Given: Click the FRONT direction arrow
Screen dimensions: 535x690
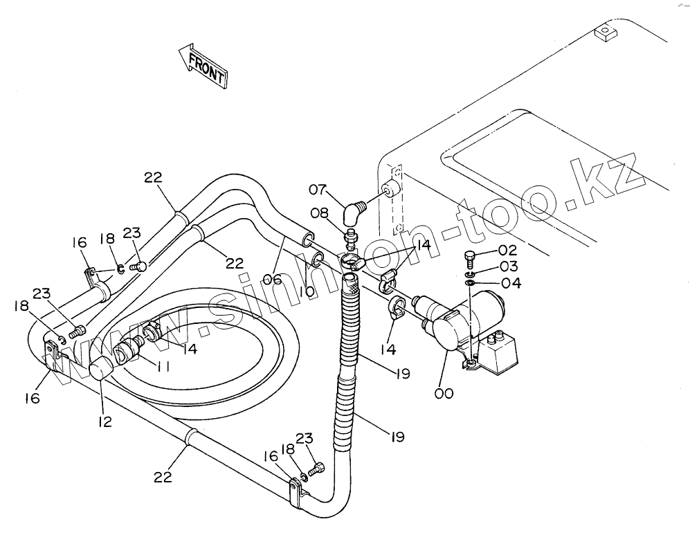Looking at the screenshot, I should click(x=203, y=66).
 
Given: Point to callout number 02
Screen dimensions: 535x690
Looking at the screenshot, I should click(x=508, y=251).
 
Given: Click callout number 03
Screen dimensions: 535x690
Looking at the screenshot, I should click(x=508, y=267).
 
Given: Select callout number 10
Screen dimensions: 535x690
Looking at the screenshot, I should click(x=307, y=293).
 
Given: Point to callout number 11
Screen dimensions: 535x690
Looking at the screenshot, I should click(x=163, y=368).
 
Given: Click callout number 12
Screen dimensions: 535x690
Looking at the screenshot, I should click(x=105, y=421).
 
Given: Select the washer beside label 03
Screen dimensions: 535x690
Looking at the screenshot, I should click(x=471, y=274).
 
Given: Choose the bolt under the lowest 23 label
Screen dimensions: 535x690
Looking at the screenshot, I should click(x=316, y=470).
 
